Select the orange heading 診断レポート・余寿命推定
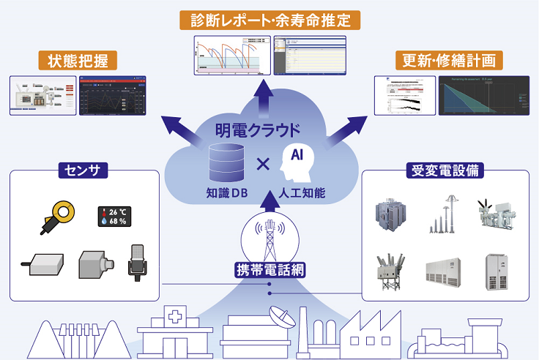coord(269,19)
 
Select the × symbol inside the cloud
coord(262,164)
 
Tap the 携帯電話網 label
coord(269,269)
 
